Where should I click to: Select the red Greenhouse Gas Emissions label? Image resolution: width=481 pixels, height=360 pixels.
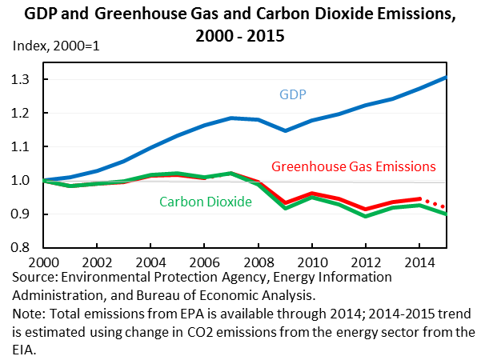354,167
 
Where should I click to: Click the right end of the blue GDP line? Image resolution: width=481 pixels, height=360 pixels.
446,78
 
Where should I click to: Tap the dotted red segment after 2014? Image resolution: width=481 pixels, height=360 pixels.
433,203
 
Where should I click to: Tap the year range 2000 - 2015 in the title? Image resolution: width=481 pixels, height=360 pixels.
239,35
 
